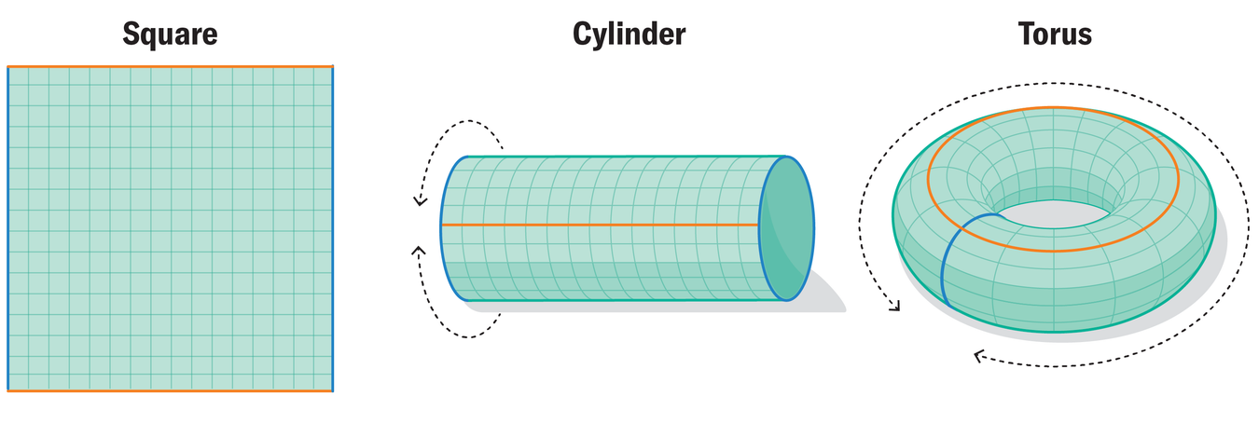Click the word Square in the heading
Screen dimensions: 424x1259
[170, 35]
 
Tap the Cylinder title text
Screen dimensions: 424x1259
[629, 35]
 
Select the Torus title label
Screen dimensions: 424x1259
[1055, 35]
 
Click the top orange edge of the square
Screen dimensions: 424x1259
[170, 67]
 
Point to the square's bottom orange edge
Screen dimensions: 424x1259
[170, 390]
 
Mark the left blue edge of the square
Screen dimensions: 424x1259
[7, 228]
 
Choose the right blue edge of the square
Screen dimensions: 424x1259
[332, 228]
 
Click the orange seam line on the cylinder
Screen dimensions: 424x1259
[597, 226]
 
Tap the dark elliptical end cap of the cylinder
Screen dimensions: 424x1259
[786, 228]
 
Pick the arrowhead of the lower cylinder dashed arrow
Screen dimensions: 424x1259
[418, 251]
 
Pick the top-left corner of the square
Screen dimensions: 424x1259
[7, 67]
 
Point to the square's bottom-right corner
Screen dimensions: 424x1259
[332, 390]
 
